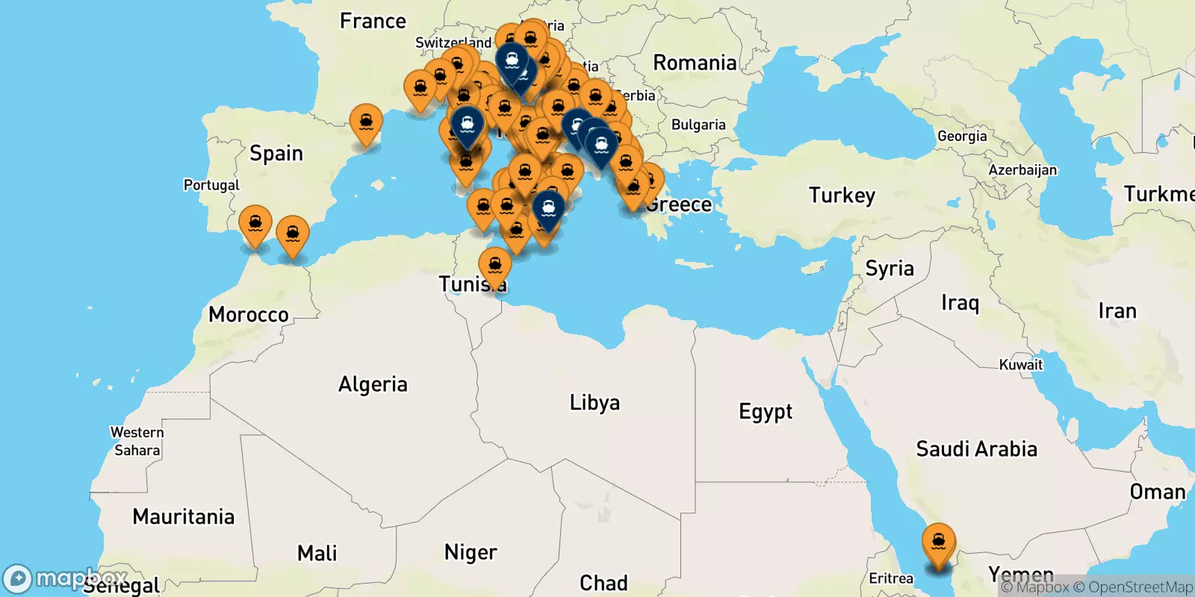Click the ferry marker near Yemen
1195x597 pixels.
pyautogui.click(x=938, y=543)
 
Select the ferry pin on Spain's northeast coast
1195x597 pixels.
pyautogui.click(x=366, y=122)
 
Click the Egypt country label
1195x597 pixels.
pyautogui.click(x=766, y=411)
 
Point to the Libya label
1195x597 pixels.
pyautogui.click(x=595, y=403)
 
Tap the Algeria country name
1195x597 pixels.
pyautogui.click(x=373, y=384)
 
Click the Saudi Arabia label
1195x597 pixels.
pyautogui.click(x=976, y=448)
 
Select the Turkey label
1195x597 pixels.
pyautogui.click(x=842, y=196)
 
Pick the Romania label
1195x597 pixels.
pyautogui.click(x=695, y=63)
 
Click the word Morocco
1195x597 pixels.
pyautogui.click(x=249, y=314)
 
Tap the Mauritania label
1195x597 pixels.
pyautogui.click(x=183, y=516)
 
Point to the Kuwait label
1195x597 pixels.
pyautogui.click(x=1021, y=365)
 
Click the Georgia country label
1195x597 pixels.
pyautogui.click(x=962, y=136)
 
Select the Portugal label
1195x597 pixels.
pyautogui.click(x=211, y=185)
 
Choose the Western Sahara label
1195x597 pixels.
pyautogui.click(x=137, y=441)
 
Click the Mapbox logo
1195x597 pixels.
pyautogui.click(x=66, y=578)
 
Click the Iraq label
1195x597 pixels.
pyautogui.click(x=960, y=303)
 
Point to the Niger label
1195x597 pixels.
pyautogui.click(x=471, y=552)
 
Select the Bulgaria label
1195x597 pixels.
pyautogui.click(x=698, y=125)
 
